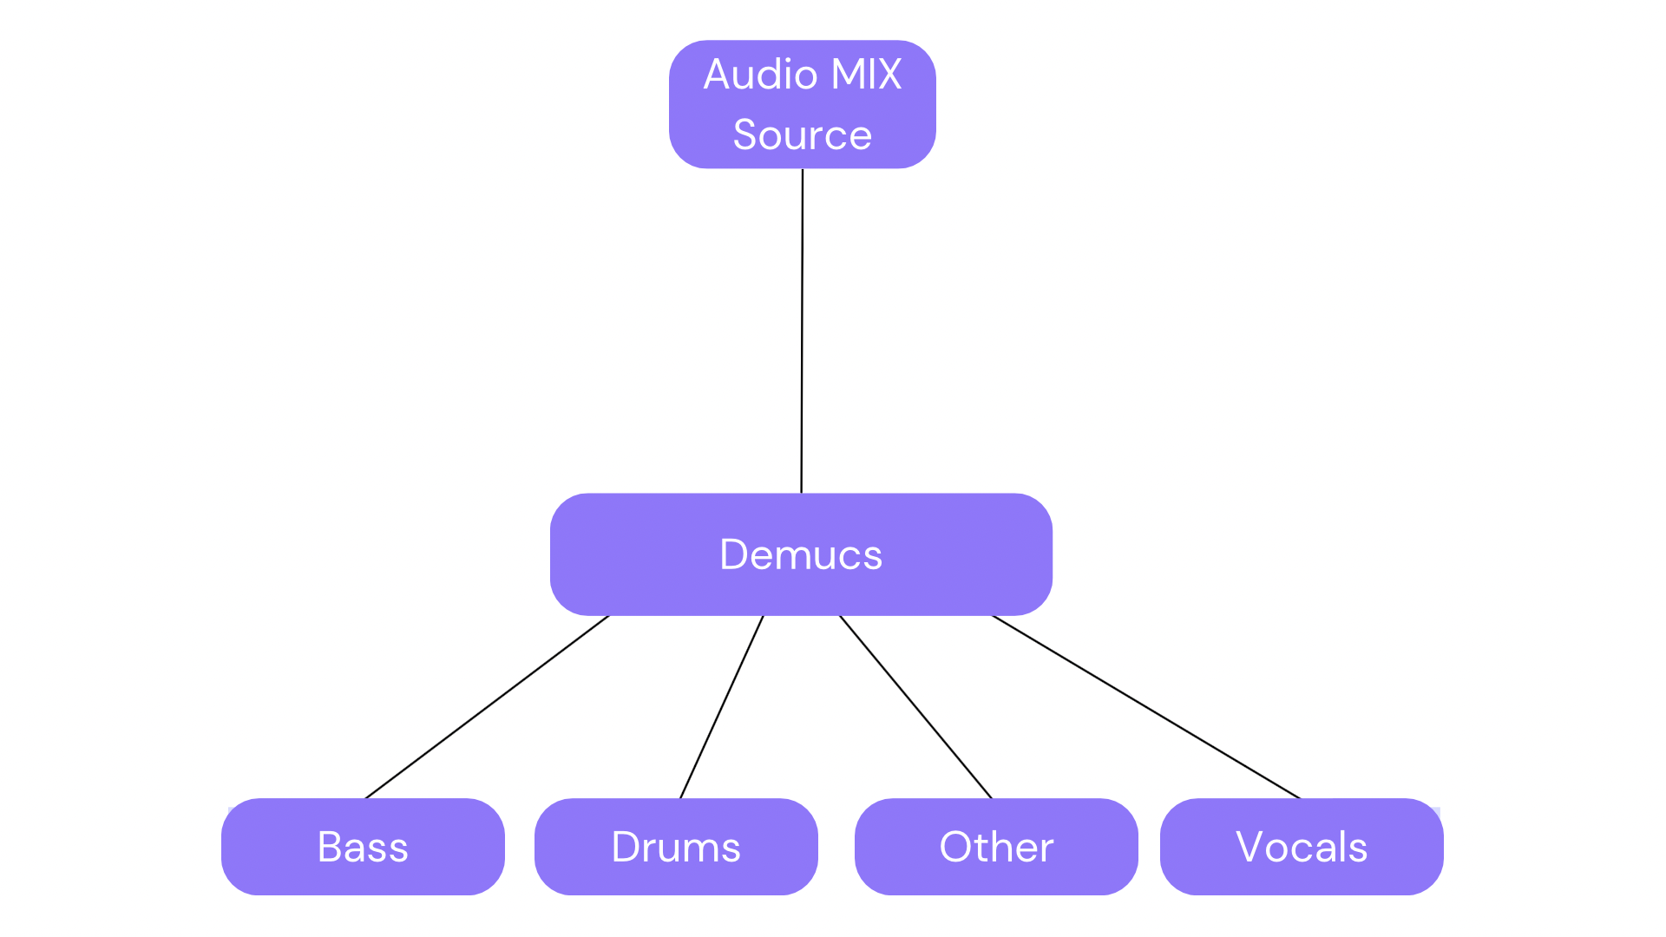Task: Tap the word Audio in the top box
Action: (x=760, y=75)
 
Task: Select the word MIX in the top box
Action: (x=866, y=75)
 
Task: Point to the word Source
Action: (x=802, y=135)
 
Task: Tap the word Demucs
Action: (x=800, y=555)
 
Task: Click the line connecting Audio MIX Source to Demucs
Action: (x=802, y=330)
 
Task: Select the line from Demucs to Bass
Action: (x=488, y=707)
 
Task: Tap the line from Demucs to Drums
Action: (x=722, y=707)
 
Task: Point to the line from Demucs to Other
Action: (x=915, y=707)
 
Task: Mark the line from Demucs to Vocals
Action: (x=1145, y=707)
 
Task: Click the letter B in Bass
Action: (x=331, y=847)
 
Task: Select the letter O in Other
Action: (x=956, y=847)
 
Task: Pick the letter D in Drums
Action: (x=626, y=847)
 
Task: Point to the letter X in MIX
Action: (x=888, y=75)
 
